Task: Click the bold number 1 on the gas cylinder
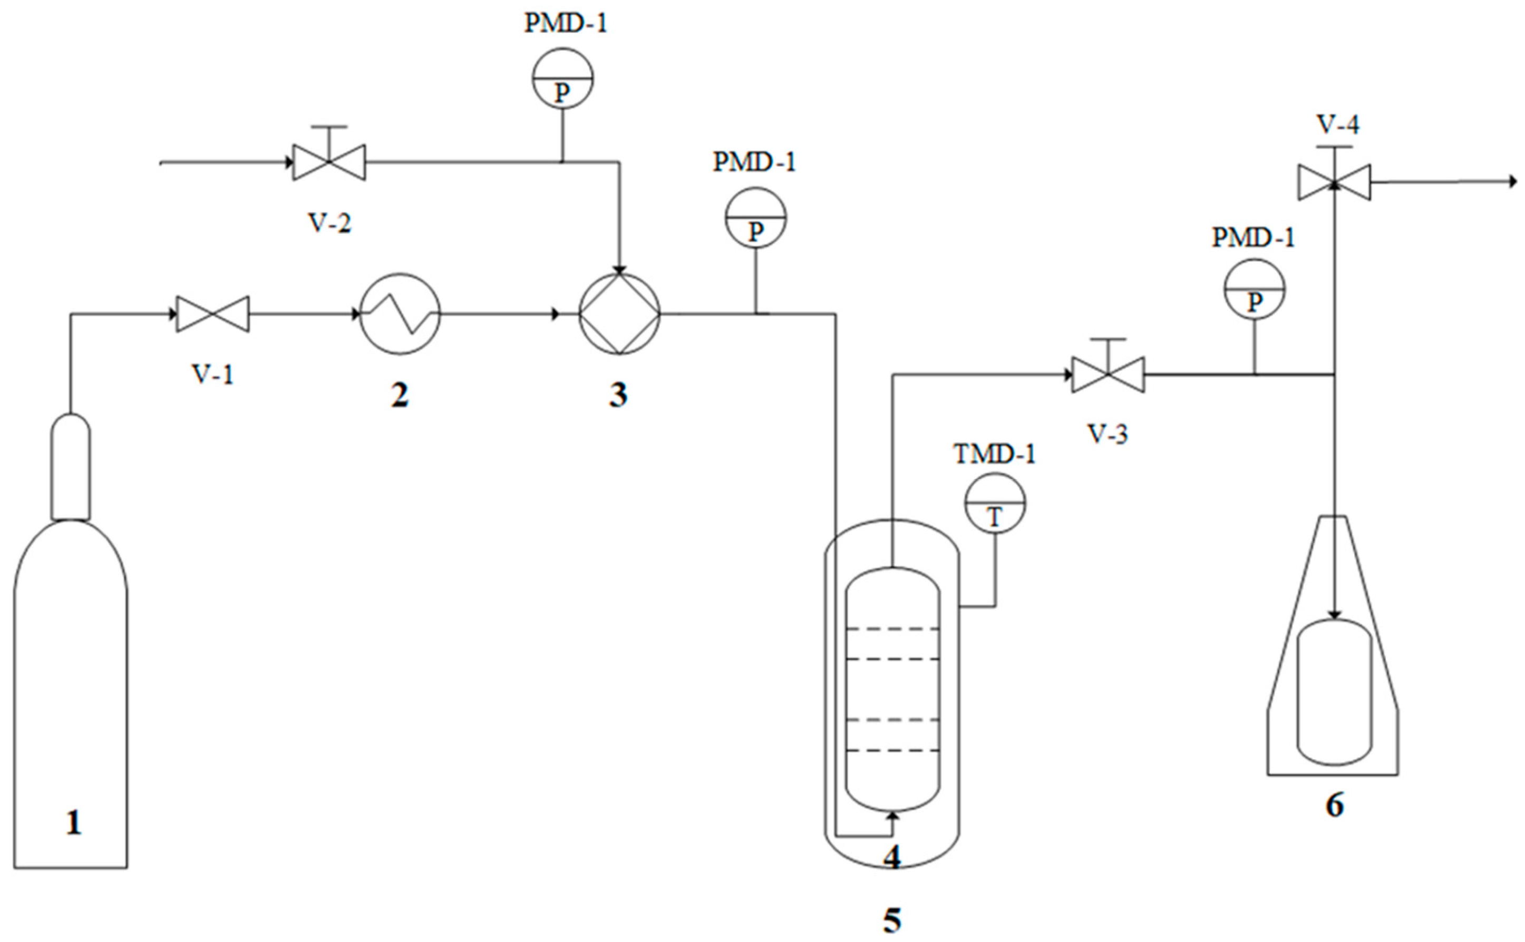coord(74,823)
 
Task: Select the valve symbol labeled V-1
coord(212,314)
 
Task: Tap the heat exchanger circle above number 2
coord(400,314)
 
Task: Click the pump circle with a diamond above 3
coord(619,314)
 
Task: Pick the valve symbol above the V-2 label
coord(329,162)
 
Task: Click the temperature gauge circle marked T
coord(995,503)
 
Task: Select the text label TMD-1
coord(994,454)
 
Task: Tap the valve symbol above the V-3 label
coord(1108,375)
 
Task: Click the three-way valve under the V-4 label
coord(1334,182)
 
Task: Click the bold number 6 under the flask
coord(1334,806)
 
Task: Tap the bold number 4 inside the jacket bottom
coord(892,859)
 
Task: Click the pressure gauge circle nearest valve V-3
coord(1255,290)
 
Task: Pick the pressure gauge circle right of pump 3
coord(755,218)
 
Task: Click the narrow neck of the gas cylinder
coord(71,467)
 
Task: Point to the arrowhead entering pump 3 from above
coord(619,269)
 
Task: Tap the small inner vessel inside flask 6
coord(1334,692)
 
